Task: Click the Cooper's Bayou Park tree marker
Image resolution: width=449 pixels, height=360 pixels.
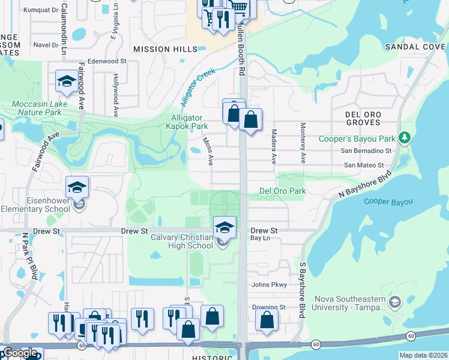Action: (x=405, y=137)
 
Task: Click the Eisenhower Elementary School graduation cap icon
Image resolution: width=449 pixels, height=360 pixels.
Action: (x=77, y=188)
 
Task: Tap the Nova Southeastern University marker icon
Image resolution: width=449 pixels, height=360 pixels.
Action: (x=394, y=301)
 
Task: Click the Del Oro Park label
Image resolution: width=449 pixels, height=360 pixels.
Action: (x=282, y=191)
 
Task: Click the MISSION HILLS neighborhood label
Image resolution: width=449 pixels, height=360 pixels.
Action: (x=164, y=49)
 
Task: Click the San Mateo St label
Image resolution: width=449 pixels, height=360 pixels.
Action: (x=364, y=165)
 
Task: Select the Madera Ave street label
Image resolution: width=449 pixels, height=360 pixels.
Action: (x=274, y=147)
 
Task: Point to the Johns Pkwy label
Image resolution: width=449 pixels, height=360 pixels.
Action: (x=270, y=285)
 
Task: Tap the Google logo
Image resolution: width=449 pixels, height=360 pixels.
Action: (x=20, y=353)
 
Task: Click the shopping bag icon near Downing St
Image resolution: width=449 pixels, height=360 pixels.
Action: (x=267, y=320)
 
